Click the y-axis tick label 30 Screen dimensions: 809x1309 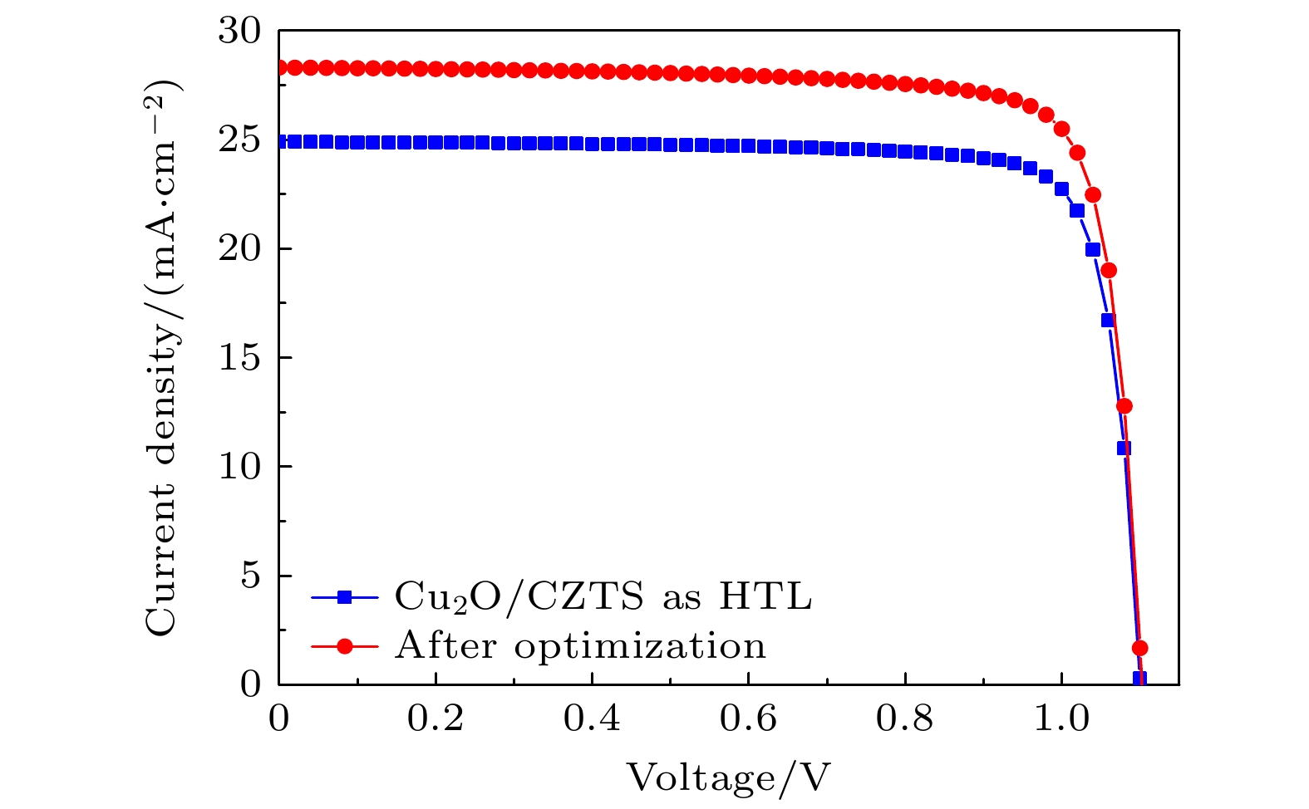239,32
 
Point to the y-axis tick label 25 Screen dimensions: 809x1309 239,140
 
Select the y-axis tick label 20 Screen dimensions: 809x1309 239,249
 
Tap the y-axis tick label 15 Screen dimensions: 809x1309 239,358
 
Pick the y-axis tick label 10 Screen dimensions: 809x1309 239,467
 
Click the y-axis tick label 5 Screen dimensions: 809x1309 250,576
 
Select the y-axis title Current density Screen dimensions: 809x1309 163,358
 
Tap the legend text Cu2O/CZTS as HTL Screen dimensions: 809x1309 603,596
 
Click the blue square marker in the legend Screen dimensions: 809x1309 345,596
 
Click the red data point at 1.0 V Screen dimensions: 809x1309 1061,129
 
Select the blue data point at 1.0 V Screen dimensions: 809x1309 1061,189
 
